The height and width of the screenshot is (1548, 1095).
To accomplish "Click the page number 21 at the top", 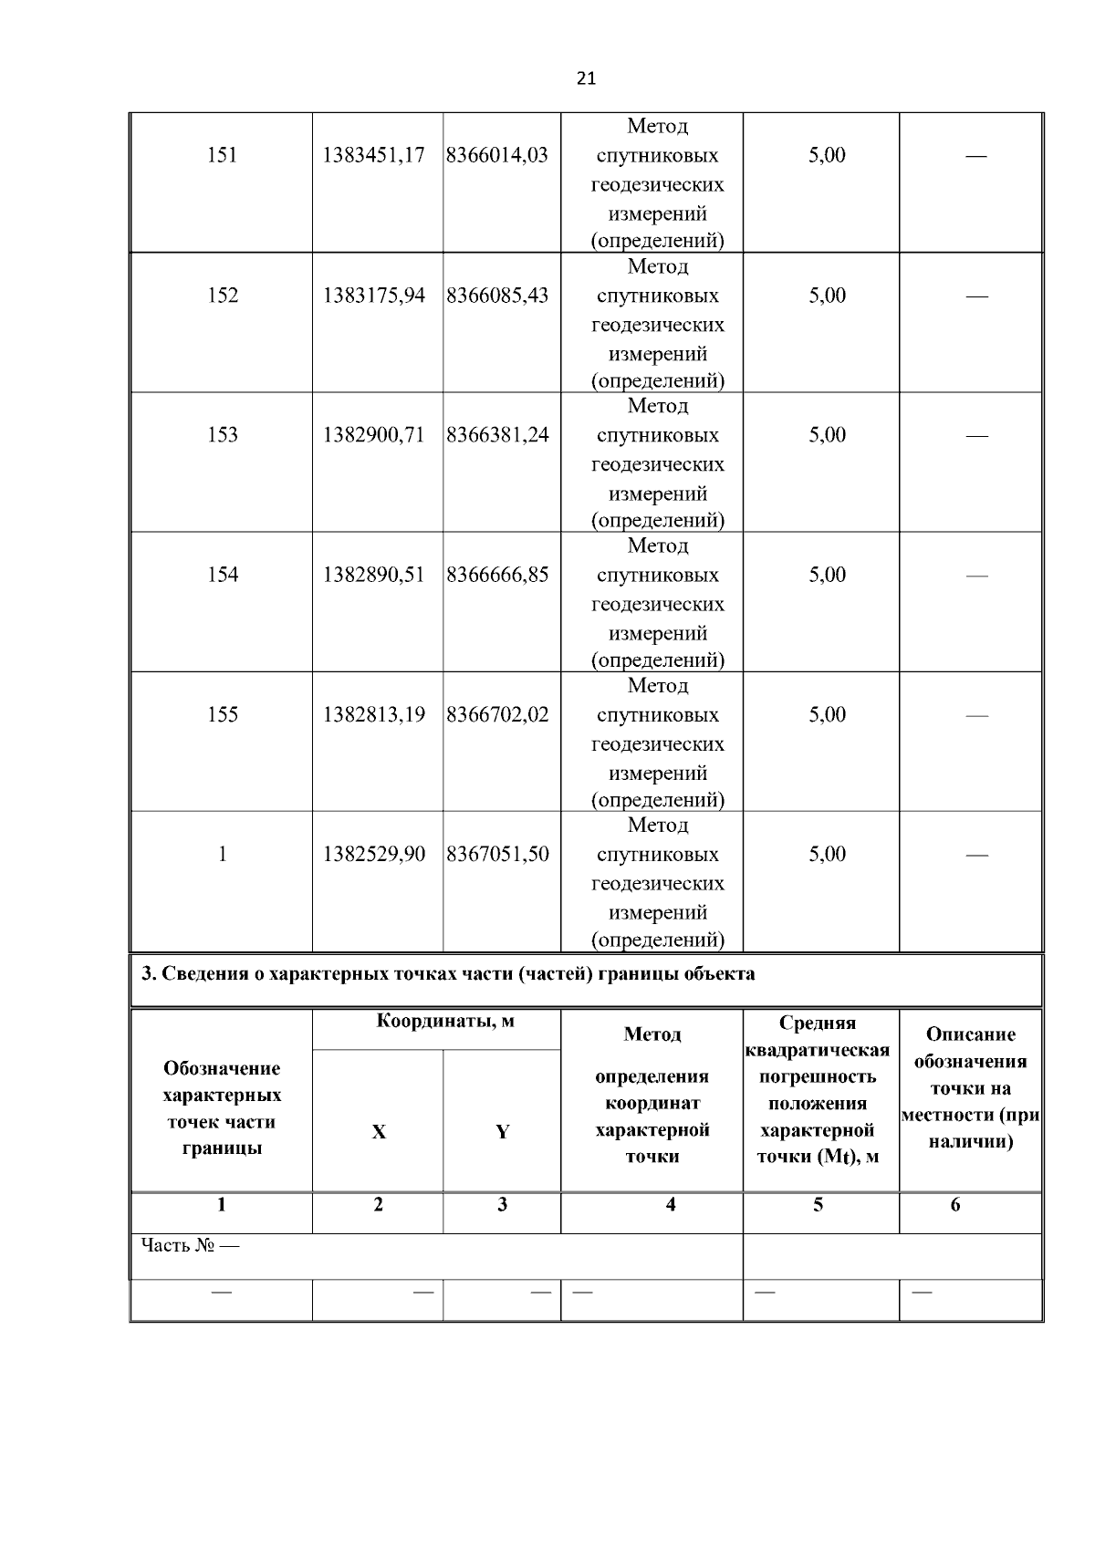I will [x=586, y=78].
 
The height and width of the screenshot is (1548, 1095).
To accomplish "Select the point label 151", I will [x=222, y=155].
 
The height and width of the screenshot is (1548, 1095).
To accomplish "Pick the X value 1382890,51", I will [x=374, y=575].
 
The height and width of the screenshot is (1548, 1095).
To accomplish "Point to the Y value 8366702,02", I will [x=498, y=714].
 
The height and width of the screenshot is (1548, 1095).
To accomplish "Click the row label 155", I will [x=222, y=714].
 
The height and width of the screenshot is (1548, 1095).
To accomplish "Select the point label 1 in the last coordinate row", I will [x=222, y=855].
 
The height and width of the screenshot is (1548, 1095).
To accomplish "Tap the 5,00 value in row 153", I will [x=827, y=435].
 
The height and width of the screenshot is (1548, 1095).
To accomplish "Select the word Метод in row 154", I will [x=657, y=546].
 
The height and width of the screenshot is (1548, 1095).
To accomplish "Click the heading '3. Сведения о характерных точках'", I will [x=448, y=973].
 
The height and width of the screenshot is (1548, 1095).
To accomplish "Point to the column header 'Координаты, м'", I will [x=445, y=1022].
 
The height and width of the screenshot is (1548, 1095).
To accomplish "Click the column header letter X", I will [x=379, y=1132].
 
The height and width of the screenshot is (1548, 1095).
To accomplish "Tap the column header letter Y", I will [x=502, y=1132].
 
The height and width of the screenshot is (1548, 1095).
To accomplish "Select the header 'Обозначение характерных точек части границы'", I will [x=222, y=1107].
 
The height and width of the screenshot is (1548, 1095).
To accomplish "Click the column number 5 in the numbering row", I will [x=819, y=1205].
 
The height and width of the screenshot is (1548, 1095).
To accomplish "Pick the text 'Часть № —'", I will [x=190, y=1245].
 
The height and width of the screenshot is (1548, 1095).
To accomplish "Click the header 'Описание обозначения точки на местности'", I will [x=970, y=1087].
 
